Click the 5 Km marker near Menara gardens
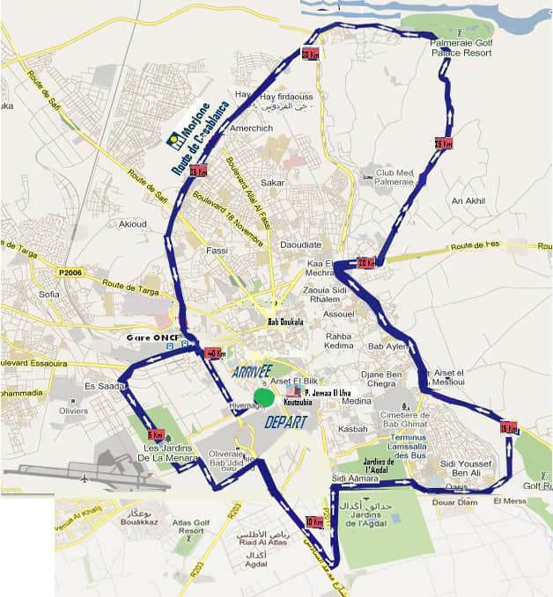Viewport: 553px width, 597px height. [157, 434]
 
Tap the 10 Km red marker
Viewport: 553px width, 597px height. [313, 521]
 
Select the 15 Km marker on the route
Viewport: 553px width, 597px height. [508, 428]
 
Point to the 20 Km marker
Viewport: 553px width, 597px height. [366, 262]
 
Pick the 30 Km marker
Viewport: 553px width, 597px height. [309, 54]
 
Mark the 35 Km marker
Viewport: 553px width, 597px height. [197, 171]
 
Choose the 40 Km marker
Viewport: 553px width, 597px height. [213, 353]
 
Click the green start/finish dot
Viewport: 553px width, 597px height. [263, 397]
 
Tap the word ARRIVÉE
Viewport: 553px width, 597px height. [253, 372]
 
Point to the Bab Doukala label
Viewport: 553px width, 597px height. [285, 323]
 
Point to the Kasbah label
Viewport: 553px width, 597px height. [352, 429]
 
